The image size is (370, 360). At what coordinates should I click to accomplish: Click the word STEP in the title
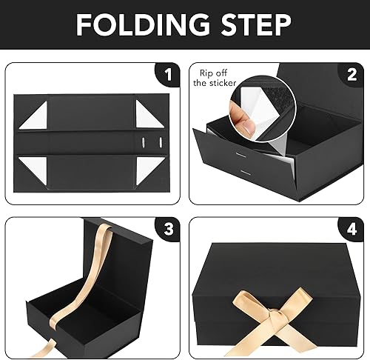tap(258, 27)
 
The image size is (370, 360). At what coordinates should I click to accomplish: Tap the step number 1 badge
tap(169, 75)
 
